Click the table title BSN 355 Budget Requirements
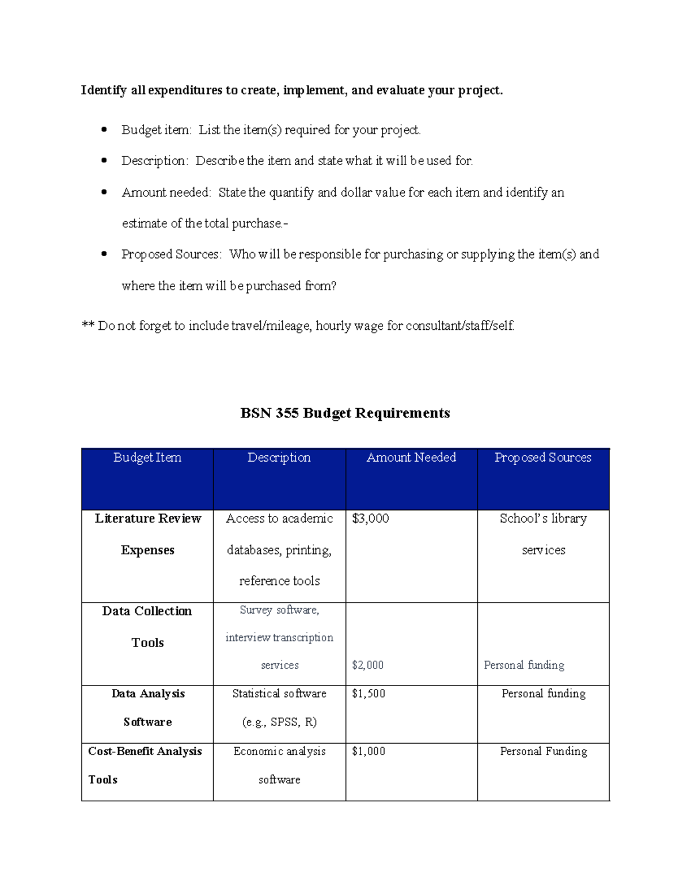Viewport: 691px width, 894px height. pos(345,413)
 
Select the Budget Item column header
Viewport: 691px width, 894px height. pos(147,458)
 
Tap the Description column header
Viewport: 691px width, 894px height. pos(279,458)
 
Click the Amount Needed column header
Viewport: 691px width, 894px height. pos(411,458)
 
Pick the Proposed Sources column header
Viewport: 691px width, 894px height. pos(543,458)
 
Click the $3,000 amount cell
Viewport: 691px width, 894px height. pos(370,519)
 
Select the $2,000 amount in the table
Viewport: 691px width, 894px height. pos(367,665)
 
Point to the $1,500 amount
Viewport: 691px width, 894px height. pos(369,694)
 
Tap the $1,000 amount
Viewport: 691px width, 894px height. pos(369,751)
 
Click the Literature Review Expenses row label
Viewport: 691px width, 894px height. pos(148,534)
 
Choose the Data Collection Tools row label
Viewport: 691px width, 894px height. pos(147,627)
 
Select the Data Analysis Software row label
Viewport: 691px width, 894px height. pos(148,707)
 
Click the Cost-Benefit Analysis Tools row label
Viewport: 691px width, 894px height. pos(145,765)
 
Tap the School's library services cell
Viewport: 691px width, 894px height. pos(543,534)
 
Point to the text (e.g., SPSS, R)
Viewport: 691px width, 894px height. pos(279,722)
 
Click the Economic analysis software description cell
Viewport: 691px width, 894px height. pos(279,765)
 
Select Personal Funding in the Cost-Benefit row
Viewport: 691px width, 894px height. pos(543,751)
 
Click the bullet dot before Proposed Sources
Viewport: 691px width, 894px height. pos(104,254)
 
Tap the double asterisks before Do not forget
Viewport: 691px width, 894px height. pos(88,326)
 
